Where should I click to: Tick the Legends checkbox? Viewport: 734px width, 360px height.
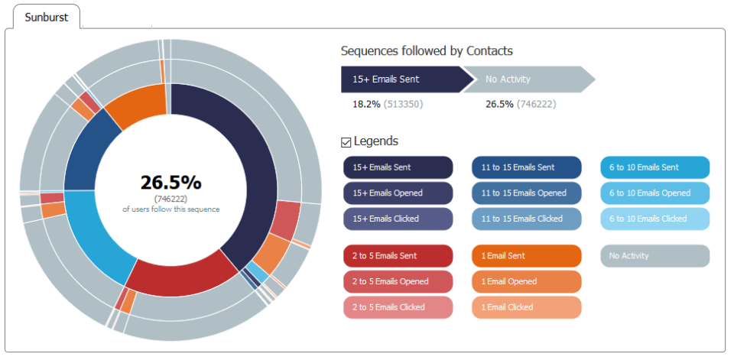pyautogui.click(x=346, y=142)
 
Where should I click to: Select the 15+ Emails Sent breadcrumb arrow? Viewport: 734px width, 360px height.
pyautogui.click(x=399, y=79)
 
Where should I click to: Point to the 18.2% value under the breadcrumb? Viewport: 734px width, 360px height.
pyautogui.click(x=366, y=104)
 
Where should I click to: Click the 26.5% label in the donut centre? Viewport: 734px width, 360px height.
pyautogui.click(x=171, y=183)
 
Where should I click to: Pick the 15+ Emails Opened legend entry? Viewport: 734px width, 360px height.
pyautogui.click(x=398, y=193)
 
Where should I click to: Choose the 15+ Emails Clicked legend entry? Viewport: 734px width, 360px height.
pyautogui.click(x=398, y=219)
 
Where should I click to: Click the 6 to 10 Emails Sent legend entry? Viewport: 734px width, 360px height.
pyautogui.click(x=654, y=167)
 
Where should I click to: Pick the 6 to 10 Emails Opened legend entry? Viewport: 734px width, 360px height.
pyautogui.click(x=654, y=193)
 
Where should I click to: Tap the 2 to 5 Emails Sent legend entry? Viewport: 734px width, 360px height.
pyautogui.click(x=398, y=256)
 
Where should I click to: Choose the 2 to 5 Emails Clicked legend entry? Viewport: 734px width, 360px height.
pyautogui.click(x=398, y=307)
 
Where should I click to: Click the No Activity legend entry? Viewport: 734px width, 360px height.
pyautogui.click(x=654, y=256)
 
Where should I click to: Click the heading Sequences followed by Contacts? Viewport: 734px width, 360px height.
pyautogui.click(x=427, y=51)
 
